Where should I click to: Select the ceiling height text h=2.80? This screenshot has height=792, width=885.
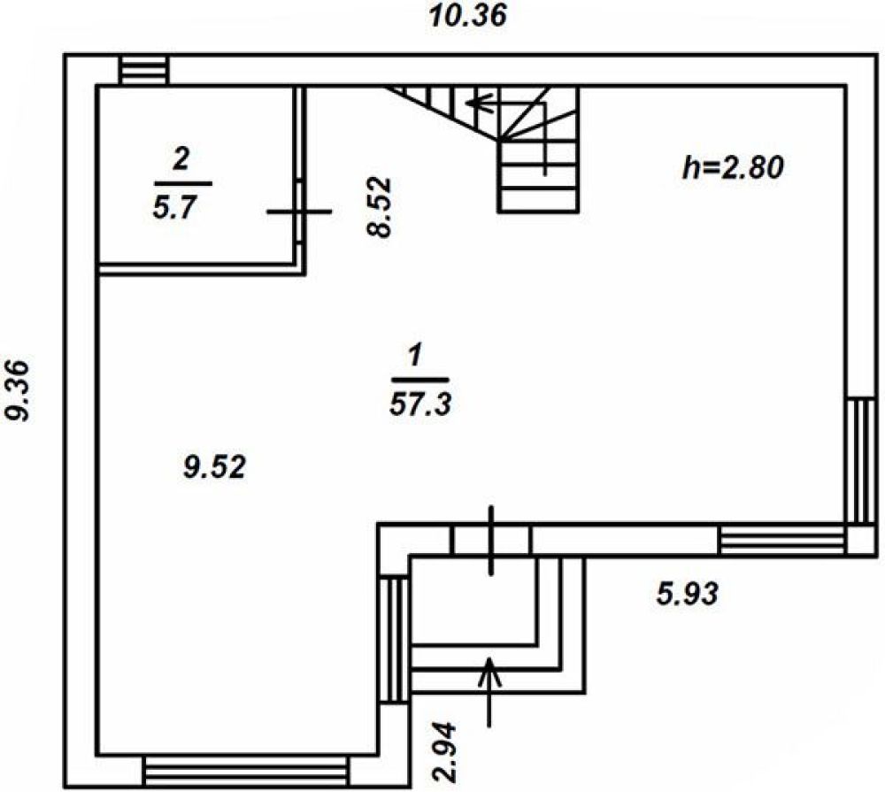(733, 167)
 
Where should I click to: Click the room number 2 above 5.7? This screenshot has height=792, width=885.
(181, 160)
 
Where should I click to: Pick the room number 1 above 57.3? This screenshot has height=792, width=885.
(414, 357)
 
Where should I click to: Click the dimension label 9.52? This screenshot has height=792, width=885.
(213, 466)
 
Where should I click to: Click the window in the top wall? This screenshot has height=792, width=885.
(143, 71)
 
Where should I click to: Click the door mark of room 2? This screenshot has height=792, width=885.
(299, 211)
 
